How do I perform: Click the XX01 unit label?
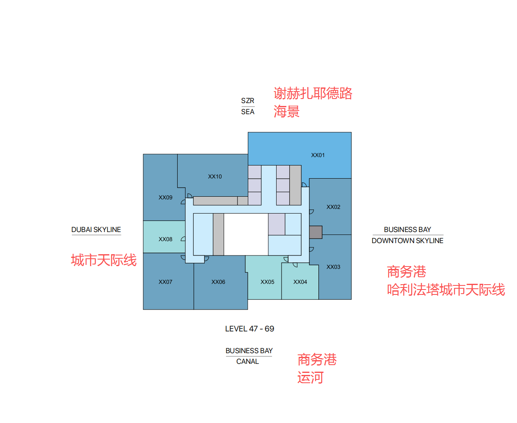click(318, 155)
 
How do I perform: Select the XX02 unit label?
click(333, 207)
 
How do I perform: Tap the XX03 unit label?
click(333, 267)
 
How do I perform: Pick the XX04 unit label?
click(300, 282)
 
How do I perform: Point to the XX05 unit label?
click(267, 282)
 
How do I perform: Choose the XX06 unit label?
click(218, 282)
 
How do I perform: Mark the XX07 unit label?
click(165, 282)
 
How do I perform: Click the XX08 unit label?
click(165, 239)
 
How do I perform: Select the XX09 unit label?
click(165, 198)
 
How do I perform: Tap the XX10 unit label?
click(215, 177)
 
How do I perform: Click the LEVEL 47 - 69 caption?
click(249, 329)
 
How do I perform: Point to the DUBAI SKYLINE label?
click(96, 230)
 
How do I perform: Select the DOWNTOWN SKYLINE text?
click(407, 241)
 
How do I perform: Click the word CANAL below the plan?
click(247, 361)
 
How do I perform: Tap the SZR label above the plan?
click(247, 101)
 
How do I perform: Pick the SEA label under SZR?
click(247, 112)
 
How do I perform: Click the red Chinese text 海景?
click(286, 111)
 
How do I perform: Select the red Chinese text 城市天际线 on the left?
click(104, 260)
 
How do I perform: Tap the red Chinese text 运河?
click(310, 377)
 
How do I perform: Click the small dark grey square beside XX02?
click(316, 232)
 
